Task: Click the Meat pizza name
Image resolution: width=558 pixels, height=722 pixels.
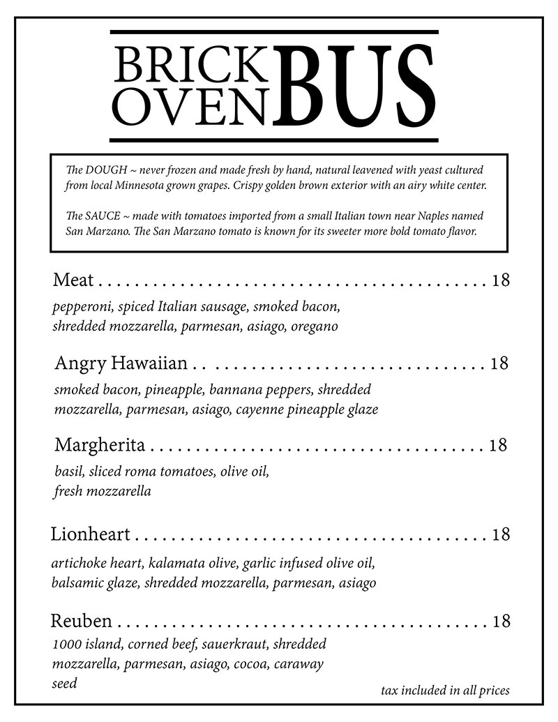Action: pyautogui.click(x=73, y=280)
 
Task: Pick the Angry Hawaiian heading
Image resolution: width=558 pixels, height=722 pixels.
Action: pyautogui.click(x=121, y=363)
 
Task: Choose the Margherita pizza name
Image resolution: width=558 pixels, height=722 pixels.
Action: pyautogui.click(x=100, y=444)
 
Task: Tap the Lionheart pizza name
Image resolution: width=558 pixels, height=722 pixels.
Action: pyautogui.click(x=91, y=535)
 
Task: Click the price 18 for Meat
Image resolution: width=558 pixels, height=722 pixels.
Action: pyautogui.click(x=501, y=280)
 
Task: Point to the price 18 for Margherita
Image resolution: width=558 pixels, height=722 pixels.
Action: pyautogui.click(x=497, y=444)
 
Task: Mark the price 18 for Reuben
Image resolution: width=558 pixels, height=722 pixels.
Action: pyautogui.click(x=501, y=620)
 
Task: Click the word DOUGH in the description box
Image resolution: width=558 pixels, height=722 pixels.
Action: pyautogui.click(x=105, y=170)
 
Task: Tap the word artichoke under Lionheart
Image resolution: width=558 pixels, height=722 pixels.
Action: pyautogui.click(x=77, y=563)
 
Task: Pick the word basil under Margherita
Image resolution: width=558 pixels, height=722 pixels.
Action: pyautogui.click(x=68, y=472)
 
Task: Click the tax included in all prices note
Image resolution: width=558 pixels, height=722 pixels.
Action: pyautogui.click(x=445, y=691)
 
